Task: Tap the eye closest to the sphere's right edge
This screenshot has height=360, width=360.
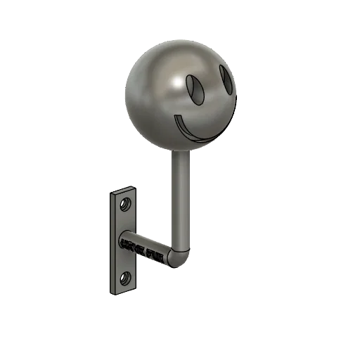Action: [226, 79]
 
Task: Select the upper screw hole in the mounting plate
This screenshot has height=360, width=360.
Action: [125, 205]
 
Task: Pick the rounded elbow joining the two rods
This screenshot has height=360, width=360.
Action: [181, 257]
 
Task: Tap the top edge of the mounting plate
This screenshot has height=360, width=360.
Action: [123, 189]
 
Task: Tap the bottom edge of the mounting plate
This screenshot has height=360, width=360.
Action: [122, 292]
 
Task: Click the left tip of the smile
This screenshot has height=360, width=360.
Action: [176, 120]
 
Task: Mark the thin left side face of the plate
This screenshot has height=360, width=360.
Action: [111, 243]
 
